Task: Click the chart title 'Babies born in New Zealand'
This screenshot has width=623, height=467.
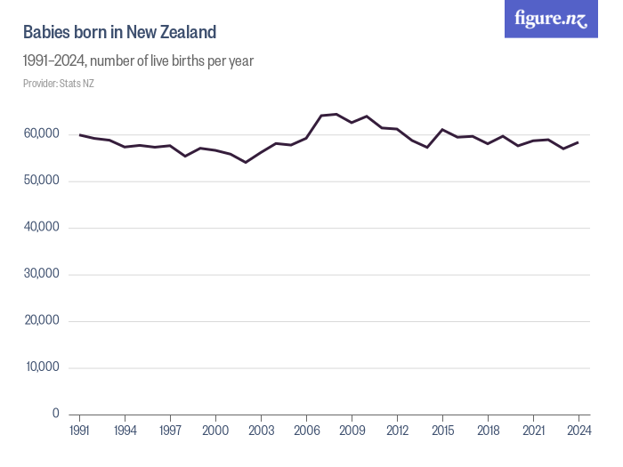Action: pos(119,33)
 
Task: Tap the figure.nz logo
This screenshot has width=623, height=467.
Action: pos(551,19)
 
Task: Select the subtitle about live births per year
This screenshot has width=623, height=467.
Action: pos(139,61)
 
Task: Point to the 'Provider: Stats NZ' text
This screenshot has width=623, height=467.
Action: pos(59,84)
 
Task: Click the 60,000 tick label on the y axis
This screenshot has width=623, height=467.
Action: pos(41,134)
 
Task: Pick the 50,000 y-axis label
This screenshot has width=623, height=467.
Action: pos(41,181)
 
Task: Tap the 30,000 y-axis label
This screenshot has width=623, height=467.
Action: pos(41,274)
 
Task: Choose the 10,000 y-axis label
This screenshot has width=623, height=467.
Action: pos(41,366)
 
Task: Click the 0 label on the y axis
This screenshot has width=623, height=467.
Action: pos(55,414)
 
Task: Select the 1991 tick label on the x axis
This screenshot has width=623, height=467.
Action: pos(80,431)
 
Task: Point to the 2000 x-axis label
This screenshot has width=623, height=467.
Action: pos(215,431)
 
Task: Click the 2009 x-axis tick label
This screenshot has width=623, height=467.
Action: pos(352,431)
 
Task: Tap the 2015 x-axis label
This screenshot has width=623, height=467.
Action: pos(442,431)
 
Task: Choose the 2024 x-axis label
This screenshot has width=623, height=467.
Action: pos(578,431)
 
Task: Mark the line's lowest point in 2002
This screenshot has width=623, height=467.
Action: pos(246,162)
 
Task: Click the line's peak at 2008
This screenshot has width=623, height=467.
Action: pos(336,114)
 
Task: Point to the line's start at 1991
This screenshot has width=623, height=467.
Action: pos(80,135)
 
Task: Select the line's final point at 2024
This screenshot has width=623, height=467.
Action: pos(578,142)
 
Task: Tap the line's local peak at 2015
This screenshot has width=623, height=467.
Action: pos(442,130)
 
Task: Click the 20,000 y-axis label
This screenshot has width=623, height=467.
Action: pos(41,320)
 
